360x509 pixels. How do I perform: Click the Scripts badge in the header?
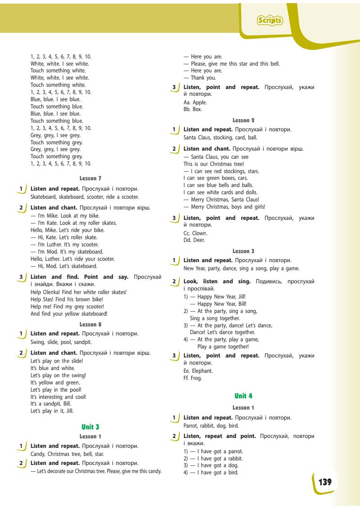pos(270,20)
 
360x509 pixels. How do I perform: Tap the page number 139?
pos(325,482)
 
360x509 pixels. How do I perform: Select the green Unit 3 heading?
pos(90,426)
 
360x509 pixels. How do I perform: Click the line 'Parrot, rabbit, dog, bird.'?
pos(211,425)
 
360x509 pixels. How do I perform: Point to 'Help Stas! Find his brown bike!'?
pos(67,299)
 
